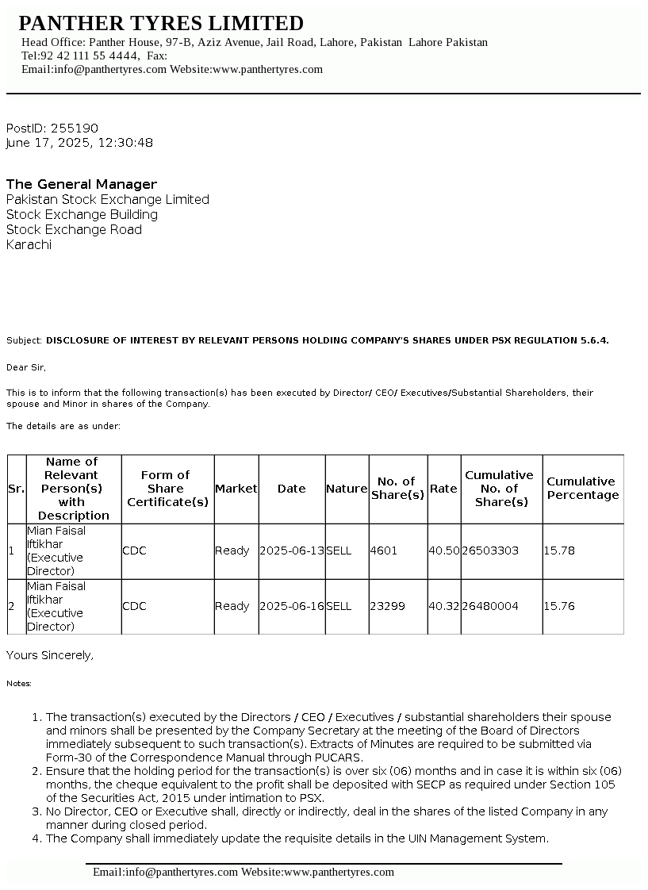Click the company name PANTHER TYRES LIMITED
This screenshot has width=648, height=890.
pos(161,23)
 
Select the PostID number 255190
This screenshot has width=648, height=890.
pos(75,129)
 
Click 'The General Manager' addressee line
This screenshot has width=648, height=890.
pos(82,185)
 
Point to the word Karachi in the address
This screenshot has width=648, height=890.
pos(29,245)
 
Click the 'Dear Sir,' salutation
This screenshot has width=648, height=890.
pos(26,367)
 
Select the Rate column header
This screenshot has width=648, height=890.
pos(443,489)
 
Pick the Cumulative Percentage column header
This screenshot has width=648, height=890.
pos(582,489)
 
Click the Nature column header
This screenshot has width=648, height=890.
pos(347,489)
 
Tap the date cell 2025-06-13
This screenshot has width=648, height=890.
pos(292,550)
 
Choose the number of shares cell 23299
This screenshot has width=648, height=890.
pos(387,606)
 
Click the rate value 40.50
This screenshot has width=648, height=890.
pos(443,550)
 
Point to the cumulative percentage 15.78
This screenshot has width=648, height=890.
pos(559,550)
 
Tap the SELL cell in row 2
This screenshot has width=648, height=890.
pos(339,606)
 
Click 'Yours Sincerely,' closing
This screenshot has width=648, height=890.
pos(50,655)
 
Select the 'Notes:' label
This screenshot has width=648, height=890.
pos(19,683)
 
